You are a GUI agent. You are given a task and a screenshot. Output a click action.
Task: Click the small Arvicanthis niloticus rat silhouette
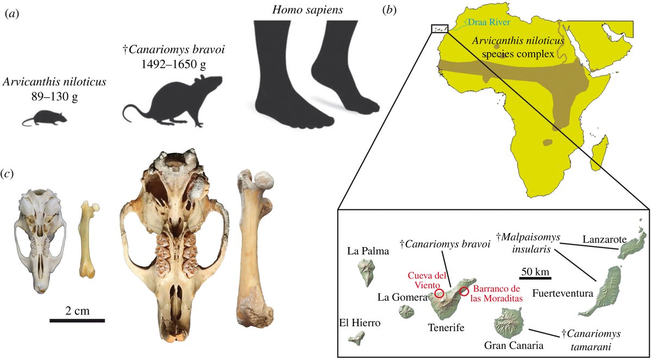[45, 118]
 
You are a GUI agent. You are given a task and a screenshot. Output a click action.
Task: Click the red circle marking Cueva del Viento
[439, 294]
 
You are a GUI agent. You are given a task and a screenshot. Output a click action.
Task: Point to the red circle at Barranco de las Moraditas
[464, 292]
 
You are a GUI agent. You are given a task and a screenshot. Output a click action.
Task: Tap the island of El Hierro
[356, 338]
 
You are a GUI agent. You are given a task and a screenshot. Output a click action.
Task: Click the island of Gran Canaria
[510, 323]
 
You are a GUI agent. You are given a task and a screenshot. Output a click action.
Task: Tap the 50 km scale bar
[535, 278]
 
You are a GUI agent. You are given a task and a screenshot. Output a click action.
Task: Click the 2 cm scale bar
[77, 320]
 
